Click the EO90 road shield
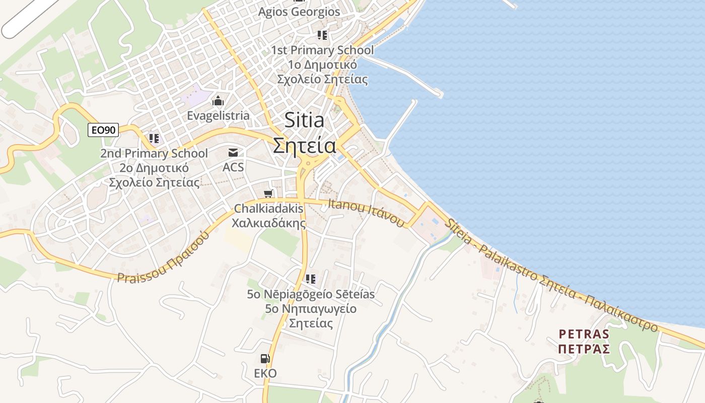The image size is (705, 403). click(103, 130)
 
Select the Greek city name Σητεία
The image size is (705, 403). click(305, 146)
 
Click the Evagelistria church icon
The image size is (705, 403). click(218, 101)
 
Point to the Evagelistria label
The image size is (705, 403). click(218, 115)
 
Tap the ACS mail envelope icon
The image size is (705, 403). click(233, 153)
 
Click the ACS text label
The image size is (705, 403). click(233, 167)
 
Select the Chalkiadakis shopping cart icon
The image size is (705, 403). click(269, 194)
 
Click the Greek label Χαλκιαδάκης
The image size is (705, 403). click(269, 222)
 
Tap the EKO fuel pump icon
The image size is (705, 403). click(265, 359)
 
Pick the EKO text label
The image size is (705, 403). click(265, 373)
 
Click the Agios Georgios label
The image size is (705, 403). click(299, 12)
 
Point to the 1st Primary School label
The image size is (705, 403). click(322, 50)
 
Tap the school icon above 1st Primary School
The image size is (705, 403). click(322, 35)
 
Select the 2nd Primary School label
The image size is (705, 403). click(154, 153)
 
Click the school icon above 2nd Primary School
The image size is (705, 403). click(154, 138)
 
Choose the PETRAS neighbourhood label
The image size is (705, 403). click(584, 333)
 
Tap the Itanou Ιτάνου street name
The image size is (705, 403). click(366, 213)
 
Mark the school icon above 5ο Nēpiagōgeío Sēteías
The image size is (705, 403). click(311, 279)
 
